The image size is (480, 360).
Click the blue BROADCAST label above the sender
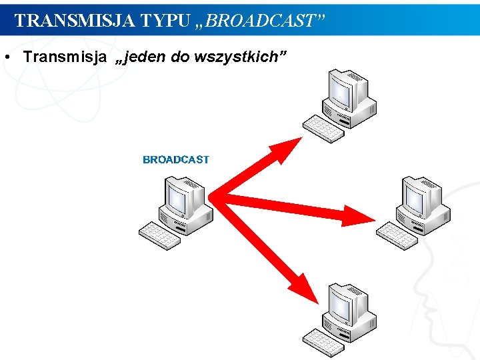click(x=176, y=160)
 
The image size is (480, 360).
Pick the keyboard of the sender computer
click(x=159, y=235)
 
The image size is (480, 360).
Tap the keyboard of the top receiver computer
click(x=323, y=129)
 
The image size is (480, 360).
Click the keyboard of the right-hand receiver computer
click(x=397, y=235)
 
